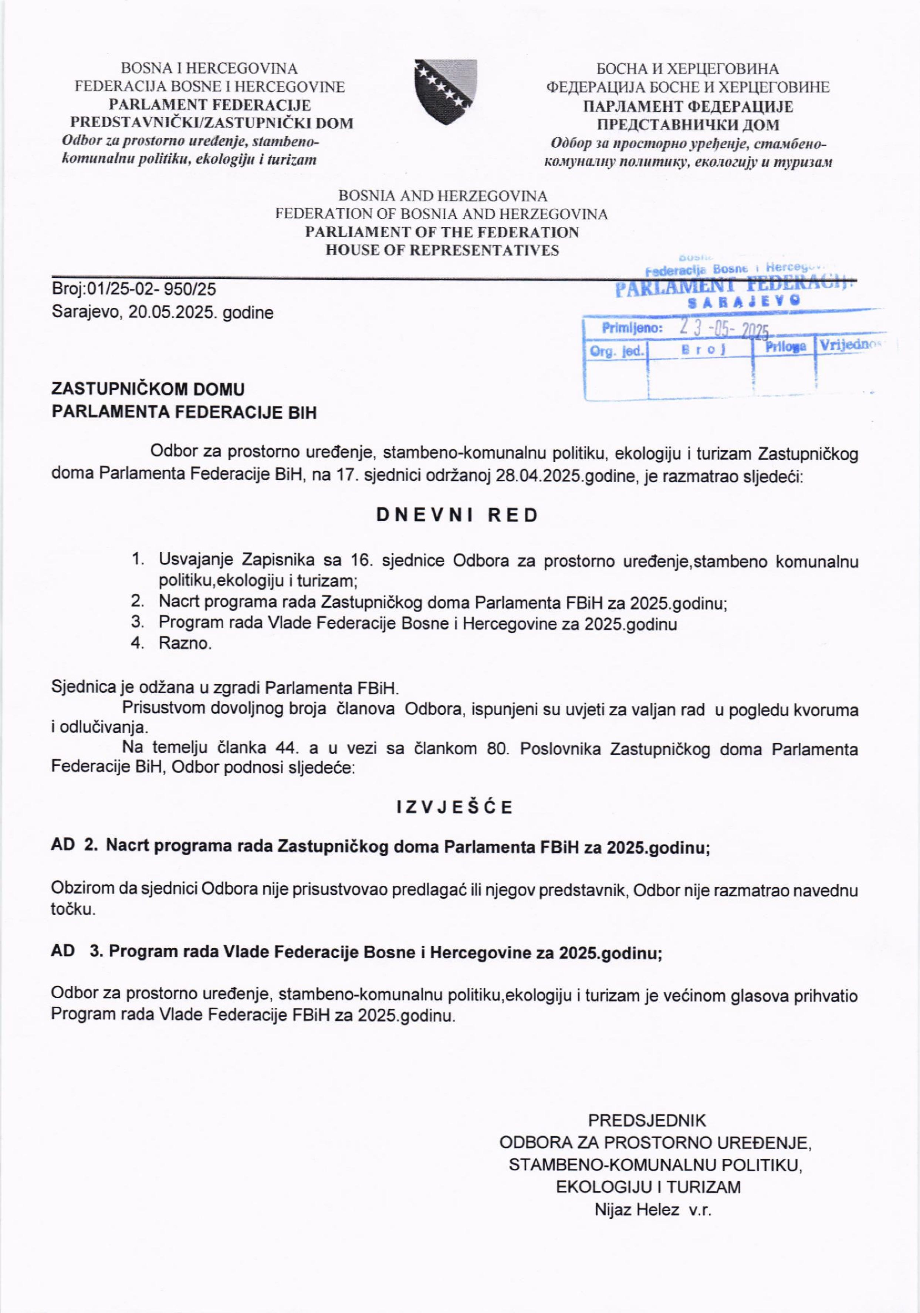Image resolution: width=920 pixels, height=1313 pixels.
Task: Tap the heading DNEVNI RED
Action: (x=457, y=515)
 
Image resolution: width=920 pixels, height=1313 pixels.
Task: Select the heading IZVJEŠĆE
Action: (x=455, y=807)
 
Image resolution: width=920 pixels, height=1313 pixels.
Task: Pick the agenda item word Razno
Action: (x=185, y=643)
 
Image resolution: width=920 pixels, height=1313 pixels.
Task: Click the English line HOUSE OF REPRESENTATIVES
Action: (x=442, y=250)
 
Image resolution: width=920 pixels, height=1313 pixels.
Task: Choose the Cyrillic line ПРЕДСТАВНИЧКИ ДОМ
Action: (x=688, y=125)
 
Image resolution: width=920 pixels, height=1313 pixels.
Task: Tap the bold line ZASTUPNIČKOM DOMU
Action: (x=148, y=389)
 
